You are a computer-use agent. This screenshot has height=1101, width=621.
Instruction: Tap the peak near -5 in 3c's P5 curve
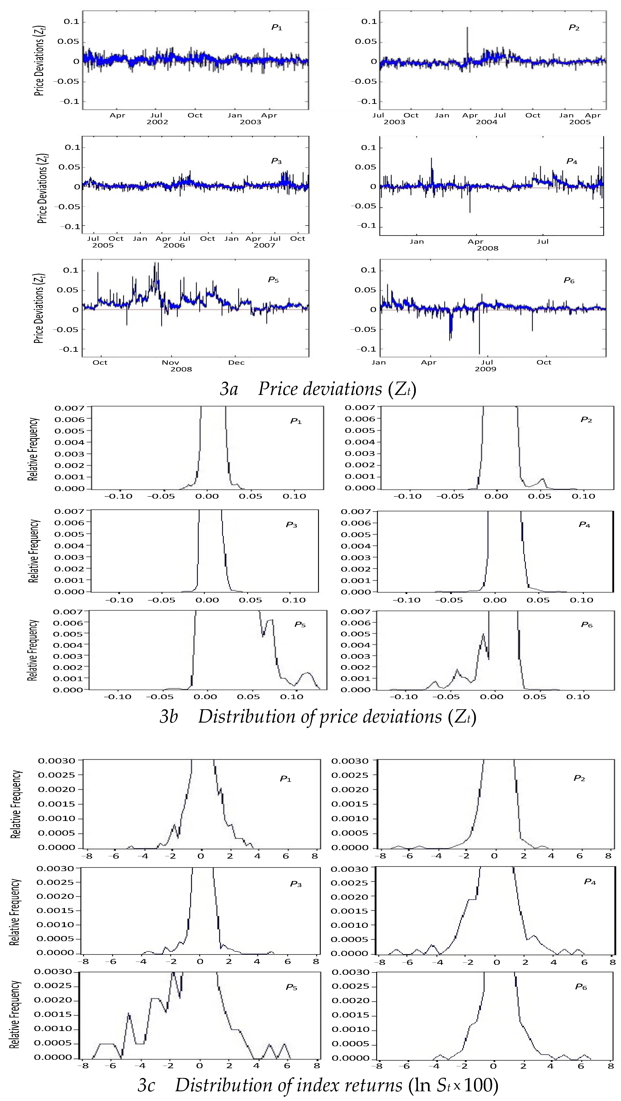pos(129,1013)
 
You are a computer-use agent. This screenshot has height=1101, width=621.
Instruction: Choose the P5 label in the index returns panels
pos(291,987)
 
